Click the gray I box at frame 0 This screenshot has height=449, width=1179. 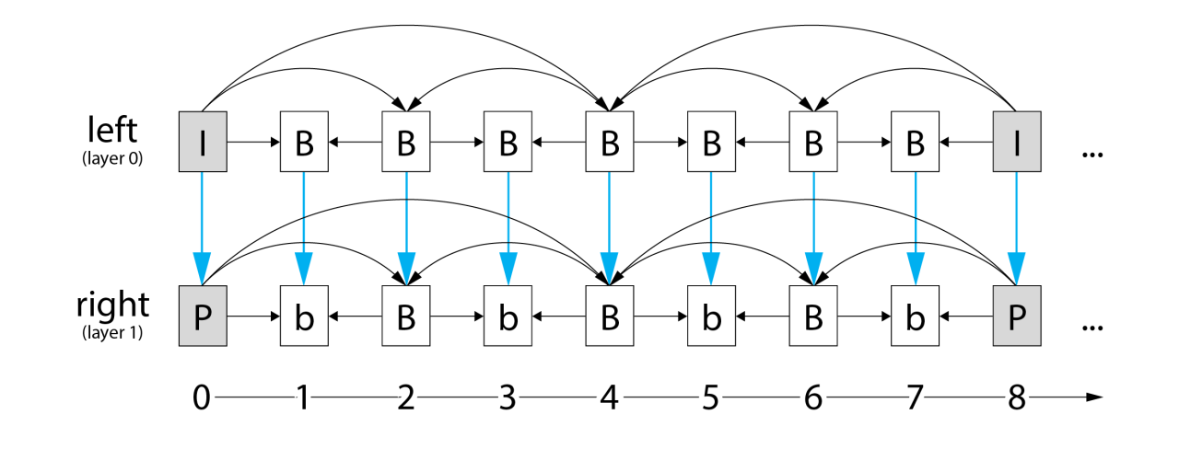(x=202, y=143)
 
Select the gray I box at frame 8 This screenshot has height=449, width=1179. (x=1016, y=143)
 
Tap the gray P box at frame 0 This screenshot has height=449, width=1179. (x=202, y=316)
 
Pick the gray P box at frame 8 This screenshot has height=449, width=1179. (x=1016, y=316)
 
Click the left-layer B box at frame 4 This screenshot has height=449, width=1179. (x=609, y=143)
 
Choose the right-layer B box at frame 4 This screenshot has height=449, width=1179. (x=609, y=316)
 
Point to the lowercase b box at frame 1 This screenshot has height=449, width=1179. (x=304, y=316)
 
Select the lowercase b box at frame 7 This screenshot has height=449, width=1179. (x=915, y=316)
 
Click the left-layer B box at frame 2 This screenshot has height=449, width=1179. (x=405, y=143)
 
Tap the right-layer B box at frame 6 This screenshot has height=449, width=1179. (x=812, y=316)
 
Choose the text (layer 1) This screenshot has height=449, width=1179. (x=111, y=333)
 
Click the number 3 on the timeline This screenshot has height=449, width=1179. (x=507, y=397)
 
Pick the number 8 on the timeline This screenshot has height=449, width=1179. (x=1016, y=397)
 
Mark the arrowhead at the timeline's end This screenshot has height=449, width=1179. (x=1094, y=397)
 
